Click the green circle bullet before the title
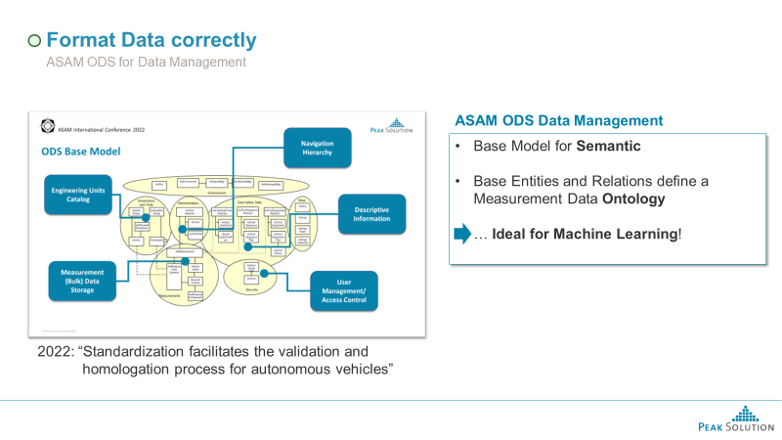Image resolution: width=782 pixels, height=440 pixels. click(x=34, y=41)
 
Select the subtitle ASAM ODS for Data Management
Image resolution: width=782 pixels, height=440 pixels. click(x=147, y=63)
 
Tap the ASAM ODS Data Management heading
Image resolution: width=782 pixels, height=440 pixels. click(x=559, y=120)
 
